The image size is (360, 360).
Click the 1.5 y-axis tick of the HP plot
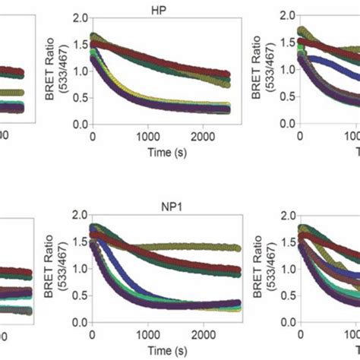point(79,43)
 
